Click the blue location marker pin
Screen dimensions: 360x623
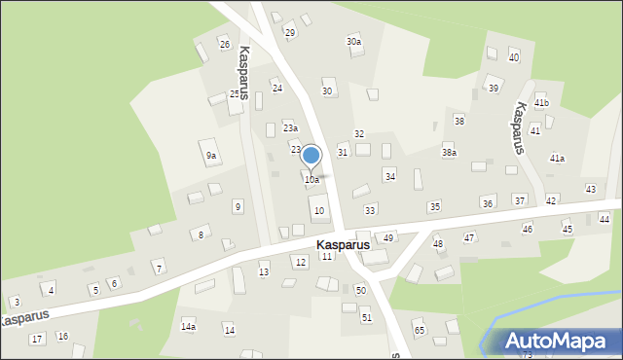click(x=311, y=156)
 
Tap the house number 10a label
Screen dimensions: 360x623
click(x=311, y=180)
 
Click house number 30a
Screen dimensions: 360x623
click(x=353, y=42)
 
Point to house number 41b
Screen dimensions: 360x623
click(x=541, y=103)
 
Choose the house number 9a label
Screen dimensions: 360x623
click(x=210, y=156)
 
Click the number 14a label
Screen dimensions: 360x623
click(x=188, y=326)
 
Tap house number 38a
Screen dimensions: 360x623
click(x=449, y=153)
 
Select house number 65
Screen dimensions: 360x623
click(x=419, y=331)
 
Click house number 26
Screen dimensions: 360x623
click(x=224, y=45)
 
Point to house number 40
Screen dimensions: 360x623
click(x=514, y=58)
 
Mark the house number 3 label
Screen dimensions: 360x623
click(x=17, y=303)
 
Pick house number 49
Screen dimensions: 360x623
click(x=388, y=238)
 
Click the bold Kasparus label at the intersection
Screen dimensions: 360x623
click(x=342, y=245)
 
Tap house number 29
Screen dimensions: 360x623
click(x=289, y=33)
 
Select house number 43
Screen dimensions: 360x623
click(x=590, y=189)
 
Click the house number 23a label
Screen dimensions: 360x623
click(x=290, y=128)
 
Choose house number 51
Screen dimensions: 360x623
click(x=366, y=318)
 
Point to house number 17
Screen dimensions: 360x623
click(x=36, y=339)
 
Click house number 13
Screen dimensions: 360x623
click(x=263, y=272)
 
